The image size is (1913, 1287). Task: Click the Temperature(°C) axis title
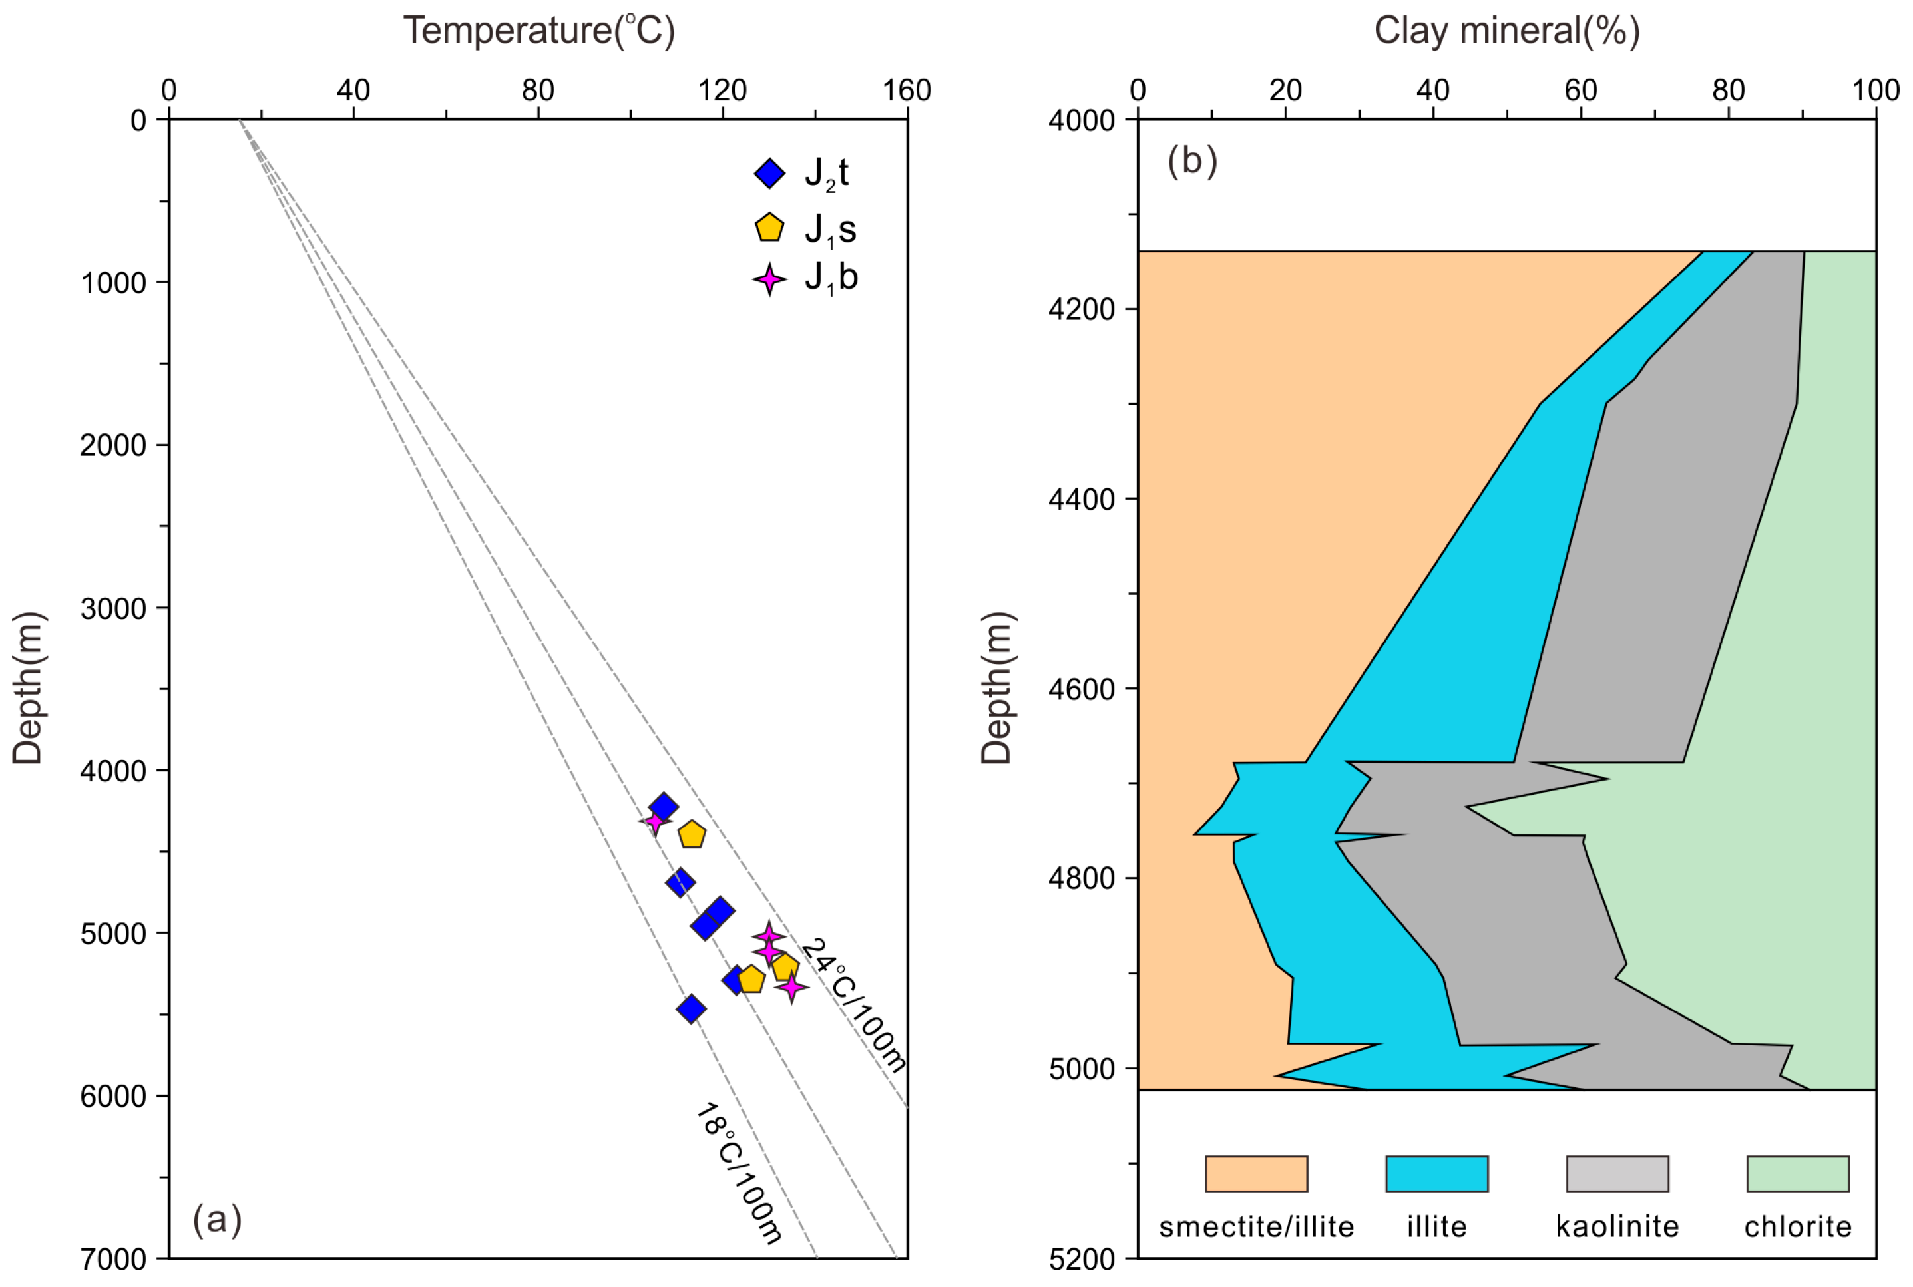click(538, 31)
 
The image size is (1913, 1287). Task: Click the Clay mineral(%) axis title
click(1506, 31)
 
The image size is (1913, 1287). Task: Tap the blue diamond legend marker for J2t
click(769, 173)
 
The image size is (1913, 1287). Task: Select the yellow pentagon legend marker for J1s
click(769, 228)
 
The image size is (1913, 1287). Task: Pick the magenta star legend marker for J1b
click(769, 280)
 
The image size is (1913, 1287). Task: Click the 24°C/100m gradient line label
click(854, 1005)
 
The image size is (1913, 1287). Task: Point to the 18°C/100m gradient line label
click(740, 1175)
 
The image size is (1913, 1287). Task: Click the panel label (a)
click(217, 1219)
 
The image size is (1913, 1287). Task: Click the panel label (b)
click(1191, 161)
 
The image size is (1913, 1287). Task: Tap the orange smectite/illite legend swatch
click(1255, 1173)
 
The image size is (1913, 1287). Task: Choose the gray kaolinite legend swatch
click(1617, 1173)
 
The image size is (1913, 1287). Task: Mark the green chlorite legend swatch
click(1797, 1173)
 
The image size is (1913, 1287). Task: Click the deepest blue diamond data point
click(692, 1009)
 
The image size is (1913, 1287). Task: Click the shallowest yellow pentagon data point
click(692, 834)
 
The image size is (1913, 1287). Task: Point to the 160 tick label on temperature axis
click(907, 91)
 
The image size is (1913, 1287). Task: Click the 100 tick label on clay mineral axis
click(1875, 91)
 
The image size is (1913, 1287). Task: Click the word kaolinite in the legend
click(1617, 1227)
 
